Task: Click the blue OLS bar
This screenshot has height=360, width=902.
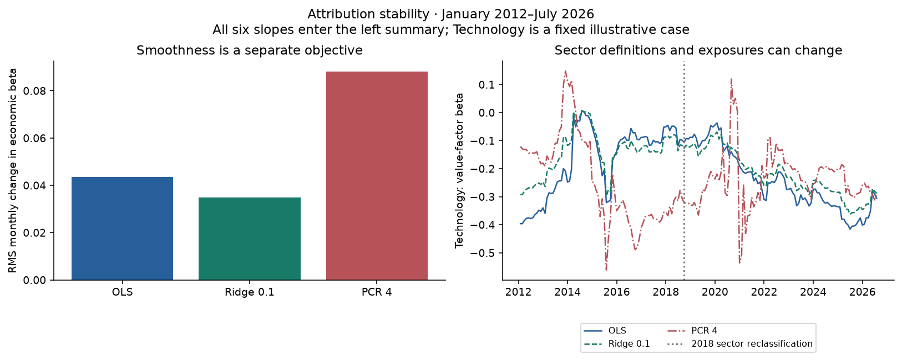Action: pos(122,229)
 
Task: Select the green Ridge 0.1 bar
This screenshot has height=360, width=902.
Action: pos(250,239)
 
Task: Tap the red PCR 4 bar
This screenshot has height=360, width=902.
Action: pos(377,176)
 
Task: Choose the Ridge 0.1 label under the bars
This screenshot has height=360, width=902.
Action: pos(250,292)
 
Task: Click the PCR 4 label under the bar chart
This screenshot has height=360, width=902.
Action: pos(377,292)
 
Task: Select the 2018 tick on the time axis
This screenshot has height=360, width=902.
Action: pos(666,292)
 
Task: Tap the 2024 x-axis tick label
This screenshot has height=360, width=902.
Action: pos(813,292)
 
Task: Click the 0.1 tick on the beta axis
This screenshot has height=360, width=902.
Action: pos(487,84)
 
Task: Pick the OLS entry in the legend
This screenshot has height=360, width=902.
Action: pos(605,331)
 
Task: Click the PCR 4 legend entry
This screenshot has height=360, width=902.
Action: pos(693,331)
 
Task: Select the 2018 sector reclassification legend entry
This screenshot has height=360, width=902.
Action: pos(739,344)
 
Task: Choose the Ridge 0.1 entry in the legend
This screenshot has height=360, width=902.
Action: pos(617,344)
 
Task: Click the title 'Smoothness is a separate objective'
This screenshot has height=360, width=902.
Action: pos(250,50)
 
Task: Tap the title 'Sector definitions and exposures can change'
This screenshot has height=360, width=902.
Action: pos(698,50)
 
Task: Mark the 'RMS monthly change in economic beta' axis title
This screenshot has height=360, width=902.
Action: pos(13,170)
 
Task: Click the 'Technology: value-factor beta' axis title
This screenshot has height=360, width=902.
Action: pos(459,170)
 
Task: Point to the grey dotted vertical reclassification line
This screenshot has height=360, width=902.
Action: pos(684,170)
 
